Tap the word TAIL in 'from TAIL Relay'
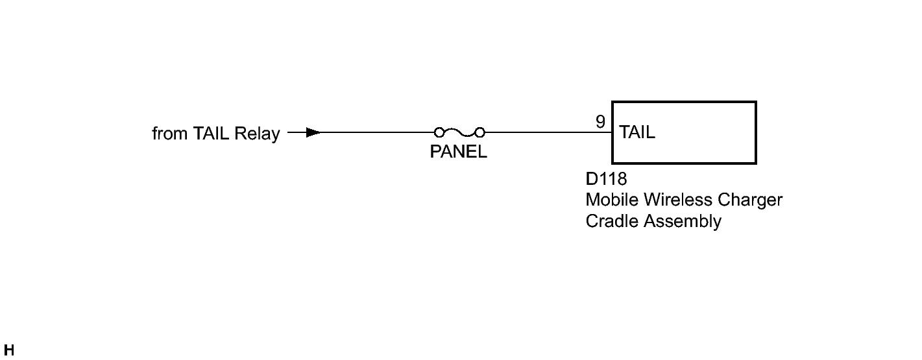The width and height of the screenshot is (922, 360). click(210, 134)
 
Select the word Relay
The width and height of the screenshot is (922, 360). click(257, 134)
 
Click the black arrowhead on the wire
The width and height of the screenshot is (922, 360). click(313, 132)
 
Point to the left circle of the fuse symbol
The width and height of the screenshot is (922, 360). click(439, 132)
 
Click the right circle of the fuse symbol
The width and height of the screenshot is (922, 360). click(479, 132)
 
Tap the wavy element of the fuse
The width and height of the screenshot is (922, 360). click(459, 133)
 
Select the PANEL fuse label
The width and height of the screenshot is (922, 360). click(459, 152)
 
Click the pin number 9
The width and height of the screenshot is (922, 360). click(601, 122)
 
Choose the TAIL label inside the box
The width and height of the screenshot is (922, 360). click(637, 132)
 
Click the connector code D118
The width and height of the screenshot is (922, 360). click(606, 179)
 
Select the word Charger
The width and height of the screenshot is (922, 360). click(750, 201)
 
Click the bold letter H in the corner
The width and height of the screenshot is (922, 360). click(9, 350)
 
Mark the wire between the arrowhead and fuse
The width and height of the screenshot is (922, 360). click(378, 132)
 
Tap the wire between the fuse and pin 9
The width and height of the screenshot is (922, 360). click(548, 132)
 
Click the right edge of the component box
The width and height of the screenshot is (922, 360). click(756, 132)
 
